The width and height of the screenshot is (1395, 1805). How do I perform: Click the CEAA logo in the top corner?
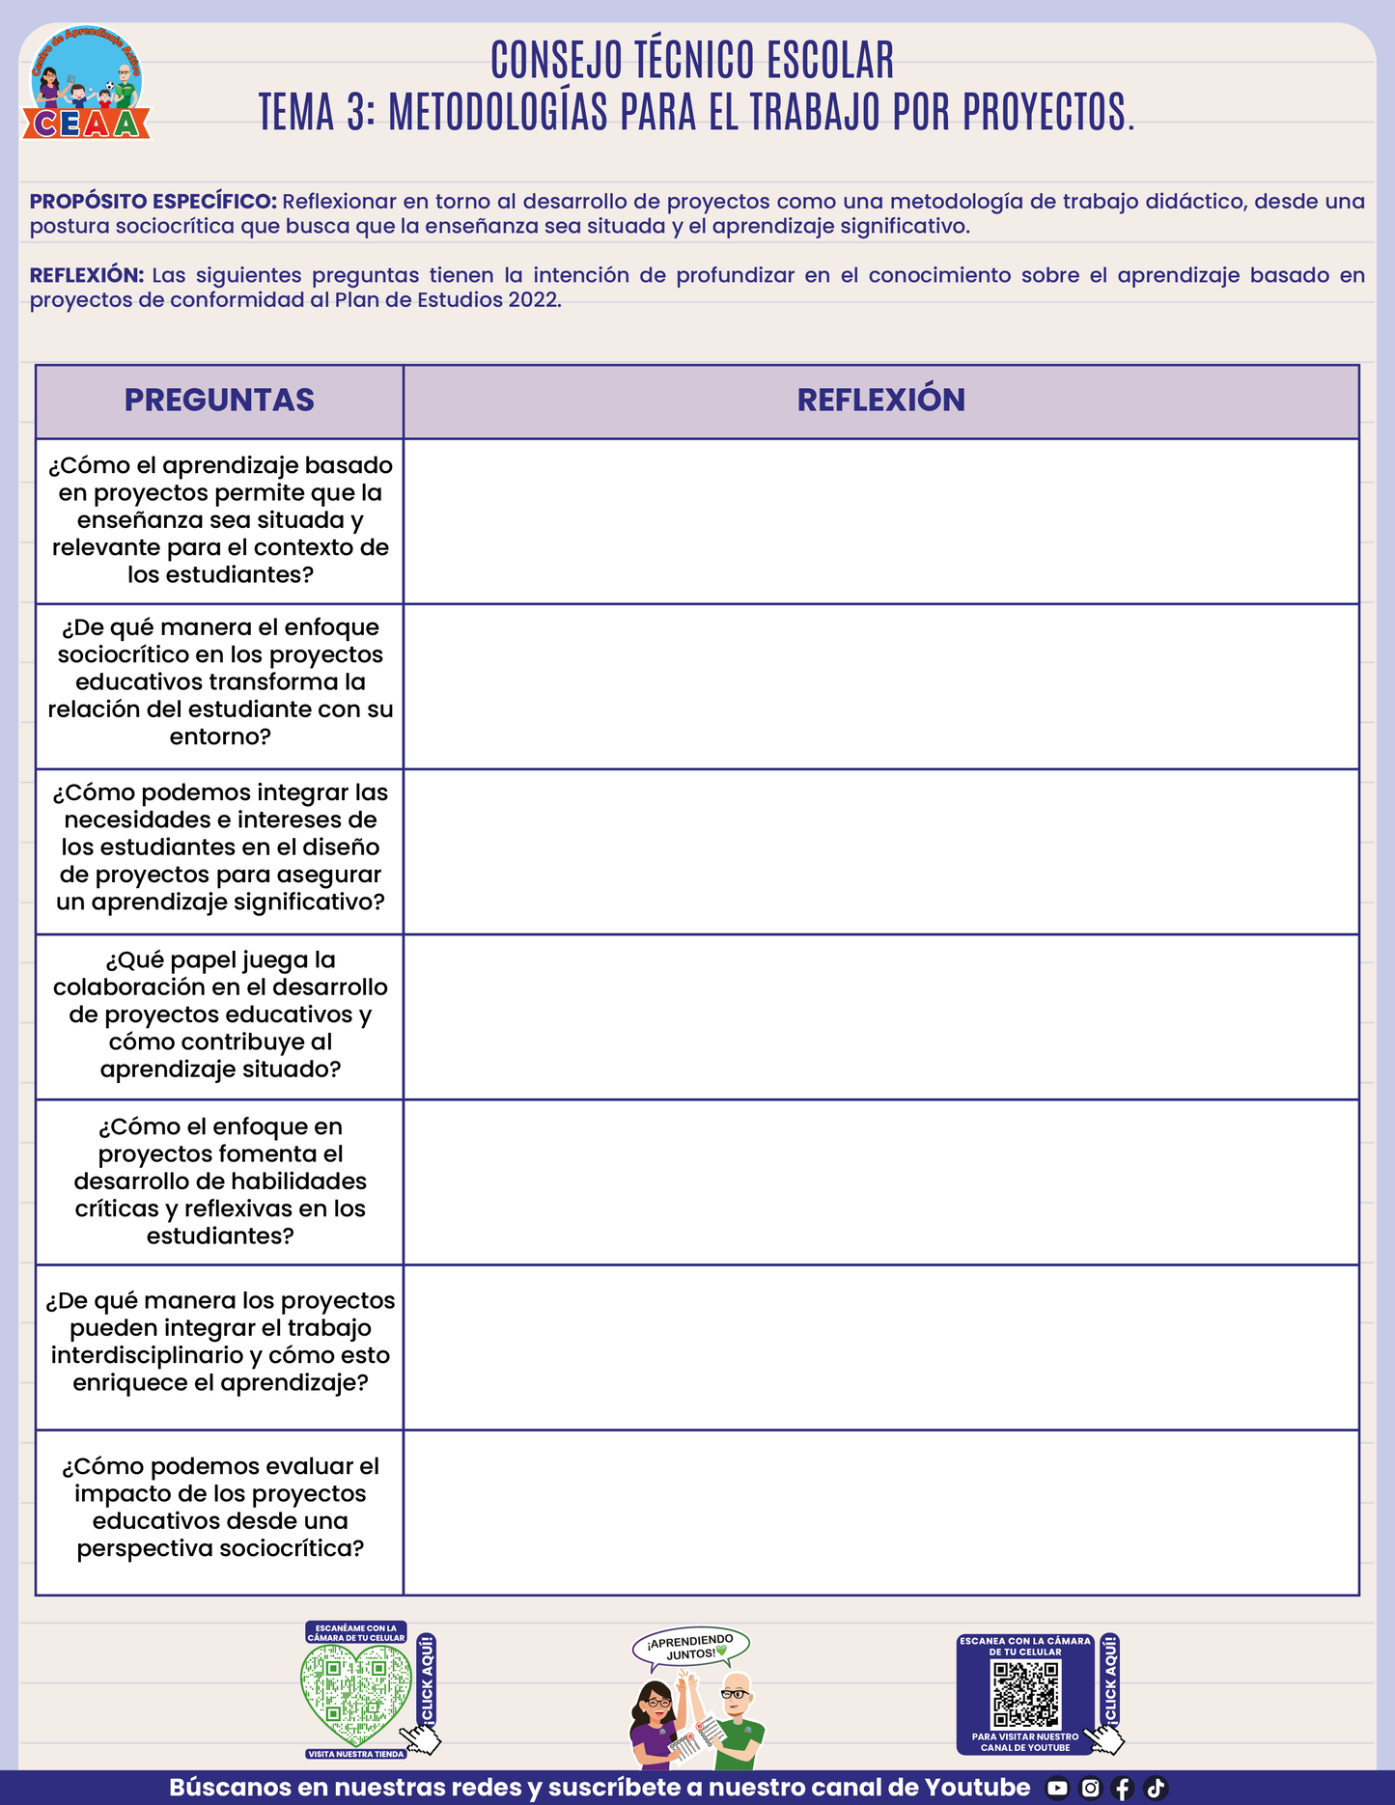click(87, 85)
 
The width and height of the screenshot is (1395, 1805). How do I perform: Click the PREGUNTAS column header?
click(219, 401)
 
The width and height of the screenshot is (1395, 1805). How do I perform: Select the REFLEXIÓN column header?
click(880, 401)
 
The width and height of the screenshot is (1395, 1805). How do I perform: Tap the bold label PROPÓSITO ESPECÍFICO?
click(153, 202)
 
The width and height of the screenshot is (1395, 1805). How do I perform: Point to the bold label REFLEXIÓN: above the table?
click(87, 275)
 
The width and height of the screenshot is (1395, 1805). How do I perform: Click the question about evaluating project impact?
click(220, 1507)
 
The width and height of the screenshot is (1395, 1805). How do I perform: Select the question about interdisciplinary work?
click(220, 1342)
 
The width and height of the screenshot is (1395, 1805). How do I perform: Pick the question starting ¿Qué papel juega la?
click(220, 1014)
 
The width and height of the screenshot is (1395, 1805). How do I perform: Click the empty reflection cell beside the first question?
click(880, 521)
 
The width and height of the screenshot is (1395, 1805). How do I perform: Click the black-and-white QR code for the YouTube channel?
click(1026, 1694)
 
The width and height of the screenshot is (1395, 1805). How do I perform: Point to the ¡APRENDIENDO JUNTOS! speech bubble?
click(691, 1648)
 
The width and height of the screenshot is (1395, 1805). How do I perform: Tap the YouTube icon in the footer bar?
click(1058, 1789)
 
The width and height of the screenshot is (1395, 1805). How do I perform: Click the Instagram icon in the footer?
click(1090, 1789)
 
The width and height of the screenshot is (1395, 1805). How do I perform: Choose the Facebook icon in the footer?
click(1123, 1789)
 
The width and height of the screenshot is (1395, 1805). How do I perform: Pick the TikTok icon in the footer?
click(1156, 1789)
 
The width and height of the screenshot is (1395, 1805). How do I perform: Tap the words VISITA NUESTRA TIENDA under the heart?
click(356, 1754)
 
